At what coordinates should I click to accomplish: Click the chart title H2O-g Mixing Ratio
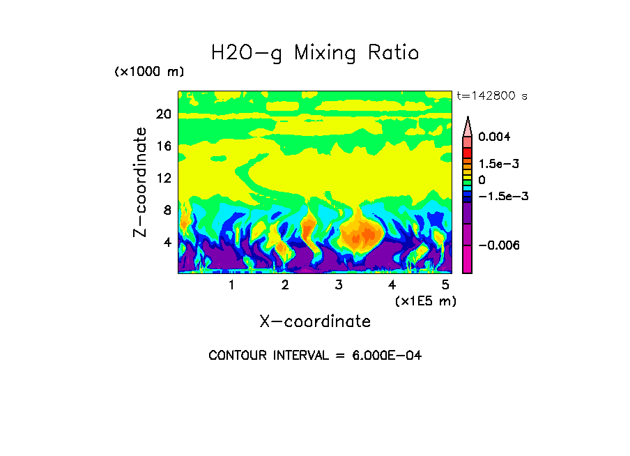[x=315, y=53]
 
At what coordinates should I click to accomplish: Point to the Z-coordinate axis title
[x=141, y=182]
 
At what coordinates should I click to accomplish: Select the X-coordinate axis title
[x=315, y=321]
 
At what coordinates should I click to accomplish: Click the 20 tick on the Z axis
[x=163, y=114]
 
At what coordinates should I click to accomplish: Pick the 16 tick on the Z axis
[x=163, y=146]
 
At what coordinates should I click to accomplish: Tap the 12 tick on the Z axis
[x=163, y=178]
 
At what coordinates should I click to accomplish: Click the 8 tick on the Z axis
[x=167, y=210]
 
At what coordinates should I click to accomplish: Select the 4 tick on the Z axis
[x=167, y=243]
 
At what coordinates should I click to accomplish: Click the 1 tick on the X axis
[x=231, y=285]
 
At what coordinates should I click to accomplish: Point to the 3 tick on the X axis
[x=339, y=285]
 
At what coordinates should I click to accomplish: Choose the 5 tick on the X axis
[x=445, y=285]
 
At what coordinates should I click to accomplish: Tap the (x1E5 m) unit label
[x=425, y=301]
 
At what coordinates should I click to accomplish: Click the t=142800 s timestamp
[x=491, y=96]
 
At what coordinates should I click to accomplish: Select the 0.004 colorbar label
[x=495, y=137]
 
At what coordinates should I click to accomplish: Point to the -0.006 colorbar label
[x=500, y=245]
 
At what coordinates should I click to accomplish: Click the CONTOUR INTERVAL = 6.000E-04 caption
[x=315, y=356]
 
